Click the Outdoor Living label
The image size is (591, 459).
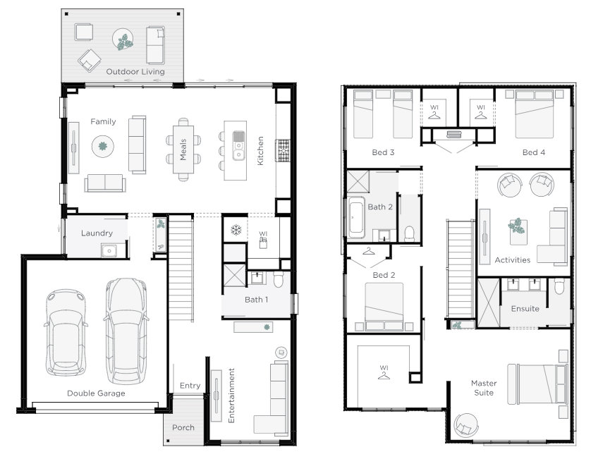pyautogui.click(x=135, y=72)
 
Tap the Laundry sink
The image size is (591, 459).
pyautogui.click(x=109, y=250)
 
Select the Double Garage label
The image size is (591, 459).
pyautogui.click(x=96, y=393)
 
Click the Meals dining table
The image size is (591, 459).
pyautogui.click(x=183, y=149)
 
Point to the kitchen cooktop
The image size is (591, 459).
pyautogui.click(x=283, y=150)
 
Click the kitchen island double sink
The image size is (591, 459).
pyautogui.click(x=238, y=145)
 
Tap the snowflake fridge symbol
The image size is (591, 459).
pyautogui.click(x=236, y=230)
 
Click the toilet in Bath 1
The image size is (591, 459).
pyautogui.click(x=278, y=279)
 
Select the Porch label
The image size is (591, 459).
pyautogui.click(x=183, y=427)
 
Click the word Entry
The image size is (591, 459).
pyautogui.click(x=190, y=386)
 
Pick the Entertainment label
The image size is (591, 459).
pyautogui.click(x=231, y=396)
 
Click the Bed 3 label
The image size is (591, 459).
pyautogui.click(x=383, y=152)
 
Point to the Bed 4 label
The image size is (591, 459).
pyautogui.click(x=534, y=152)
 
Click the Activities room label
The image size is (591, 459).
pyautogui.click(x=513, y=260)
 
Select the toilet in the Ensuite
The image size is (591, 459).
pyautogui.click(x=559, y=286)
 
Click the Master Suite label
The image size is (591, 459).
pyautogui.click(x=484, y=388)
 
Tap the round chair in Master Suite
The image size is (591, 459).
pyautogui.click(x=466, y=425)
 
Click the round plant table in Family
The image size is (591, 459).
pyautogui.click(x=103, y=146)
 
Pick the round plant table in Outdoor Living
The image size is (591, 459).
pyautogui.click(x=123, y=39)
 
